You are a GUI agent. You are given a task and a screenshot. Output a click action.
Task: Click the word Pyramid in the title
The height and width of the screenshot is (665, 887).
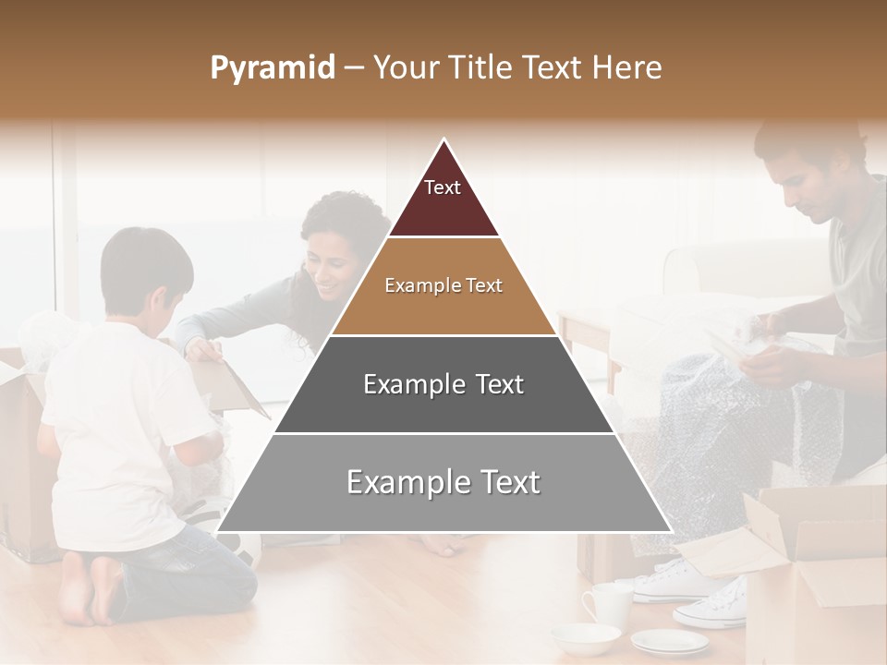pos(272,68)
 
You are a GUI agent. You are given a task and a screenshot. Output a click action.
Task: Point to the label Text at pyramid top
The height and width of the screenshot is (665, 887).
pos(443,187)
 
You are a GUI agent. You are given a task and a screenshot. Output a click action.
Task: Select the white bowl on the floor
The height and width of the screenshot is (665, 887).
pos(585,637)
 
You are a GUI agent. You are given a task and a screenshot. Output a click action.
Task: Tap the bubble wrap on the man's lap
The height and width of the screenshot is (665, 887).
pos(730,416)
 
